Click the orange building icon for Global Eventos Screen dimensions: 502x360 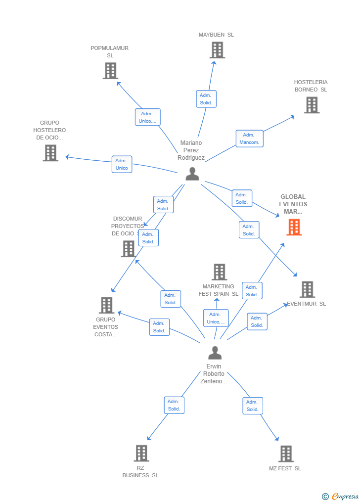(294, 227)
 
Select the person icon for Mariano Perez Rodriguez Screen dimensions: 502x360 (192, 174)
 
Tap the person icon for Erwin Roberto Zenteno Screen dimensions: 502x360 (215, 353)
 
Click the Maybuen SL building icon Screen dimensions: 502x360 (217, 50)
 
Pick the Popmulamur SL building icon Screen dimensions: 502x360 (110, 71)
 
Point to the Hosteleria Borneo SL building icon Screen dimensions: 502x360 (312, 105)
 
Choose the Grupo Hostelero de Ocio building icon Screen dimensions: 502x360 (50, 153)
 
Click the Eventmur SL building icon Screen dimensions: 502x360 (307, 289)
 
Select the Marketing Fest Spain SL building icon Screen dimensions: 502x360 (220, 272)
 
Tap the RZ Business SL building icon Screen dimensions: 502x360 (141, 453)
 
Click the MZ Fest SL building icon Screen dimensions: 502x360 (286, 454)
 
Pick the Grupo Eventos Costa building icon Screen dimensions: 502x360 (107, 305)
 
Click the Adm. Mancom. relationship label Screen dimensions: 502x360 (249, 138)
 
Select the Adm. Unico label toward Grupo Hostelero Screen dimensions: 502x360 (122, 164)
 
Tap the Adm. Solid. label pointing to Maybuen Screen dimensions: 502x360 (206, 99)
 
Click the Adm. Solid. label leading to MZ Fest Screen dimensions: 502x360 (253, 406)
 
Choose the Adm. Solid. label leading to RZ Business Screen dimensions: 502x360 (174, 405)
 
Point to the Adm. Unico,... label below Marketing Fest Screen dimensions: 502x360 (216, 318)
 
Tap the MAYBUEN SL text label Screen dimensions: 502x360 (216, 35)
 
